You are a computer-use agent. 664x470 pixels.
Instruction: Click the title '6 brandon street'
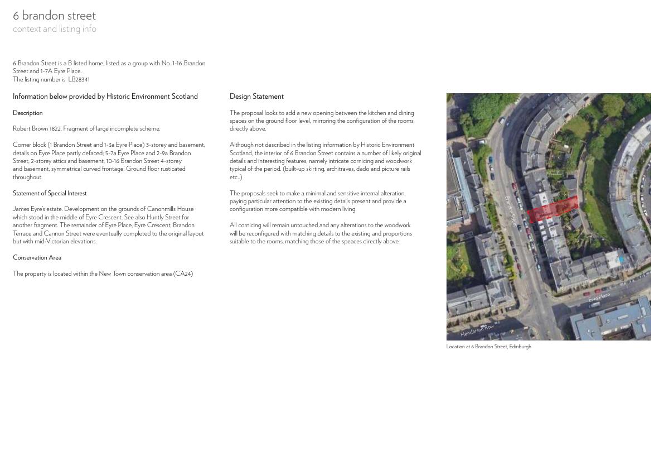pos(54,16)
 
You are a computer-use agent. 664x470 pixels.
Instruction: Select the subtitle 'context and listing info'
pos(55,29)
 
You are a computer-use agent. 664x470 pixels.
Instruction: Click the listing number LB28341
pos(79,79)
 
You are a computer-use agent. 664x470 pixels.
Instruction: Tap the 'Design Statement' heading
pos(256,97)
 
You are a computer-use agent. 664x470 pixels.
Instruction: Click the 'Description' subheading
pos(28,113)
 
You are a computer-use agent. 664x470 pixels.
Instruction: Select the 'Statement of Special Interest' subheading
pos(50,193)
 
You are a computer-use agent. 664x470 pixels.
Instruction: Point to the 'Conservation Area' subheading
pos(37,257)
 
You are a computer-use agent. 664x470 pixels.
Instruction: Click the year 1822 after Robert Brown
pos(55,129)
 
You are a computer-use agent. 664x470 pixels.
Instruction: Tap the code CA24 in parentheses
pos(183,274)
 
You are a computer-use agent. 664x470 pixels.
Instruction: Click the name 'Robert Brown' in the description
pos(30,129)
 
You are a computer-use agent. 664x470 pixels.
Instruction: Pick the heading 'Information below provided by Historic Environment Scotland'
pos(105,97)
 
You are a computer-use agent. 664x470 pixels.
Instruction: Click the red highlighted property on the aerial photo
pos(552,209)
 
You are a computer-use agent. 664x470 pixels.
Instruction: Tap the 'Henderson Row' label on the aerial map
pos(477,330)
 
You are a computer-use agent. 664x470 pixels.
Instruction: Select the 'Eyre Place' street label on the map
pos(599,298)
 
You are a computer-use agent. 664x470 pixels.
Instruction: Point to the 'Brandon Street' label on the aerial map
pos(511,211)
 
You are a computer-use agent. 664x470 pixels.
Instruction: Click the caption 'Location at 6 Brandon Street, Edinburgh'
pos(488,347)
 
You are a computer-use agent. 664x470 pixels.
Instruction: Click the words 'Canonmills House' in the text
pos(170,209)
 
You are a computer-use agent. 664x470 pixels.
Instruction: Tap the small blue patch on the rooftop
pos(621,260)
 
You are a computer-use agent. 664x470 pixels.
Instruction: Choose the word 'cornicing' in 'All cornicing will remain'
pos(250,226)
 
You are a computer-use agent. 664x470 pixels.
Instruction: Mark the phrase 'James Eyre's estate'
pos(37,209)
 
